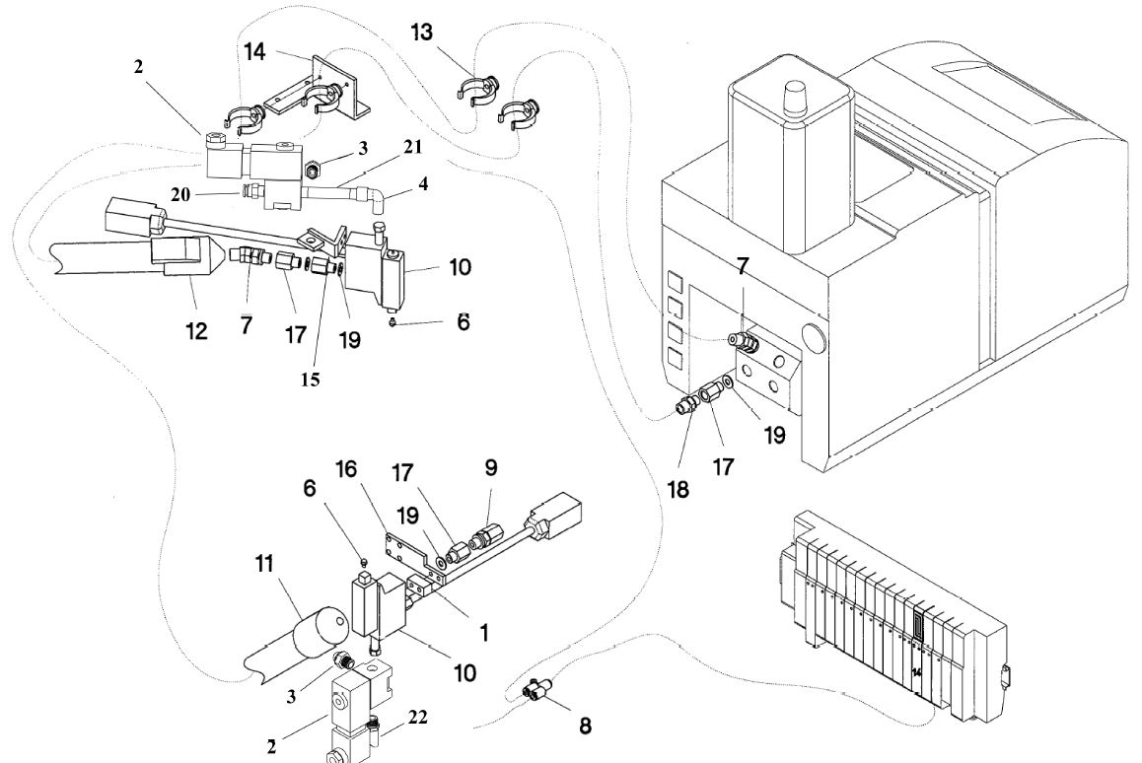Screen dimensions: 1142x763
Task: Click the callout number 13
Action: pos(422,32)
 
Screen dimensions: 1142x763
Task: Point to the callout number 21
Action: pos(412,146)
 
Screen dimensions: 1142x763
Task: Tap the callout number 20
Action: pos(180,195)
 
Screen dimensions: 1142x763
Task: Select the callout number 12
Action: pos(196,331)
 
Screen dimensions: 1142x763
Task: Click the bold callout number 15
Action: pos(310,380)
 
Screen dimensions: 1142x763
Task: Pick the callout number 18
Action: pos(678,489)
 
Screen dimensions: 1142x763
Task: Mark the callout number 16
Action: pos(346,469)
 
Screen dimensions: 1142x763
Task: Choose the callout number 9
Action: pos(491,467)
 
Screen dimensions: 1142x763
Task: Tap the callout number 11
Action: pos(263,563)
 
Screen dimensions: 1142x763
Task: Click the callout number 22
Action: pos(417,717)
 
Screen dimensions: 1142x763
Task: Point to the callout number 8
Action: pos(585,726)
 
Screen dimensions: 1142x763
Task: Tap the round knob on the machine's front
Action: pos(814,337)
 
